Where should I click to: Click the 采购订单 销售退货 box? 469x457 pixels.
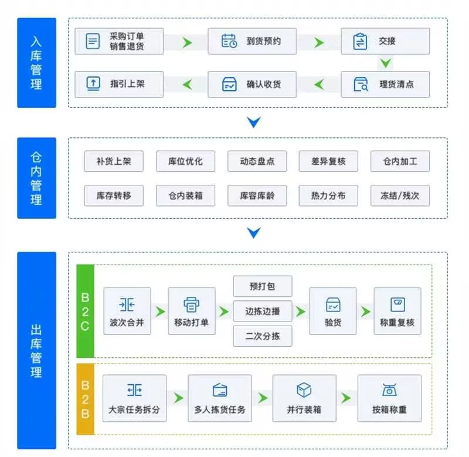click(x=119, y=42)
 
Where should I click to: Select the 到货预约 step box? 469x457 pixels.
click(x=252, y=42)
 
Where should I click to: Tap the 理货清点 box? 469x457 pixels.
click(x=385, y=84)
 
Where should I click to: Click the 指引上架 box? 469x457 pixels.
click(x=119, y=84)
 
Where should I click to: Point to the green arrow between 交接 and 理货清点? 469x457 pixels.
click(x=385, y=63)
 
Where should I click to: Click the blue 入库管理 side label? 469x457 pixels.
click(x=36, y=63)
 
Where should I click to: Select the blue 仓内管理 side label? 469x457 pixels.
click(x=36, y=178)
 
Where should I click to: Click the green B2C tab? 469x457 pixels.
click(x=85, y=311)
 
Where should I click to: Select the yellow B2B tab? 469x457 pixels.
click(x=85, y=399)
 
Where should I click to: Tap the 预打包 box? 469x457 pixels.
click(x=262, y=287)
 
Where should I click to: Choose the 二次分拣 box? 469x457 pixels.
click(x=262, y=336)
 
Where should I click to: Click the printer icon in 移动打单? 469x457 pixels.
click(x=192, y=304)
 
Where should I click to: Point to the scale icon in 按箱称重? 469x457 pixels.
click(x=389, y=390)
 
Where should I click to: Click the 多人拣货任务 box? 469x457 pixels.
click(x=220, y=399)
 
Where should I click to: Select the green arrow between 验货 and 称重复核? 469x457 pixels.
click(x=365, y=312)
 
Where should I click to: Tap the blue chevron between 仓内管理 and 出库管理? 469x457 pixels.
click(x=253, y=233)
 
